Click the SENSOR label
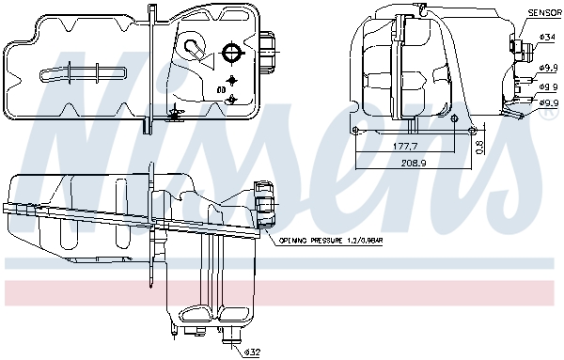coord(545,13)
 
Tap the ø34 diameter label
coord(547,38)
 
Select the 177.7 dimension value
coord(404,146)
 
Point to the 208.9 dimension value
coord(414,163)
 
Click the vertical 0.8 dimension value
coord(480,147)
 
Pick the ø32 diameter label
coord(252,352)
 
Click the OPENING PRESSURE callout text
coord(331,241)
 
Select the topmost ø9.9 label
coord(548,68)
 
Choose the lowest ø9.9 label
coord(549,102)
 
